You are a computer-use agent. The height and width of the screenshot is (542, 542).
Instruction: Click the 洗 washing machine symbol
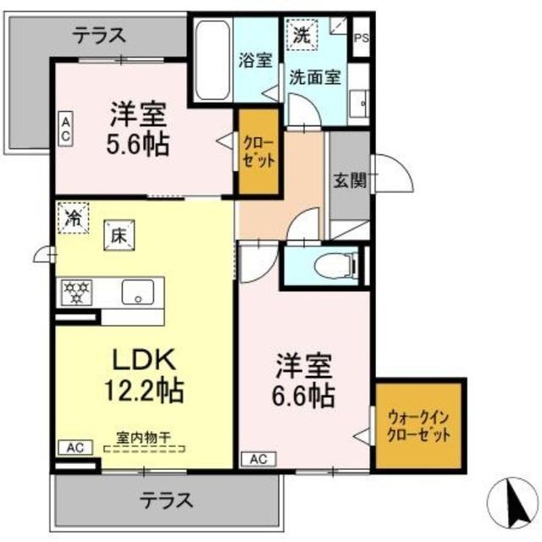[302, 36]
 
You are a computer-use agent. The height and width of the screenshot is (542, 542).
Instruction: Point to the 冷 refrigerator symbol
[74, 216]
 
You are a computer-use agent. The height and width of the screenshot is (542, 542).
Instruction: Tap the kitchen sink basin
[136, 293]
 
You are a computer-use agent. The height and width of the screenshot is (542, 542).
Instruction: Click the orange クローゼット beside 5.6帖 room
[257, 149]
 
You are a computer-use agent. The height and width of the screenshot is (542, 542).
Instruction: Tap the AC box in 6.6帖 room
[258, 459]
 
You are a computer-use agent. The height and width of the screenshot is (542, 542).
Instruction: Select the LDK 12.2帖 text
[144, 375]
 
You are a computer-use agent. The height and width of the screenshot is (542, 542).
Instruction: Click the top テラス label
[99, 35]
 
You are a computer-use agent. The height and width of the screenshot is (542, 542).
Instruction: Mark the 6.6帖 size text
[304, 394]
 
